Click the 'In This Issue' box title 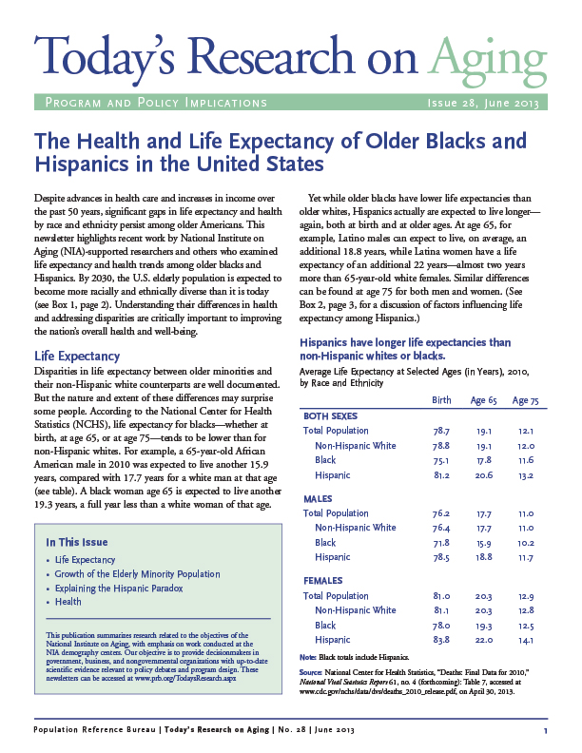click(x=77, y=542)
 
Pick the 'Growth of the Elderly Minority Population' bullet click(x=138, y=574)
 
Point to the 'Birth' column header click(x=440, y=401)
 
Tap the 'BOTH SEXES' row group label click(x=330, y=416)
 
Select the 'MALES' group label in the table click(x=318, y=498)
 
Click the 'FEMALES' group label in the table click(x=322, y=580)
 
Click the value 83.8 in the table click(x=440, y=640)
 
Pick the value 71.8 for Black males click(x=440, y=543)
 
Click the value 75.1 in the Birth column click(x=440, y=460)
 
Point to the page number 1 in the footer click(x=546, y=730)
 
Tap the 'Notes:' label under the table click(x=309, y=657)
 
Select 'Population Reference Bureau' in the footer click(x=91, y=730)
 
